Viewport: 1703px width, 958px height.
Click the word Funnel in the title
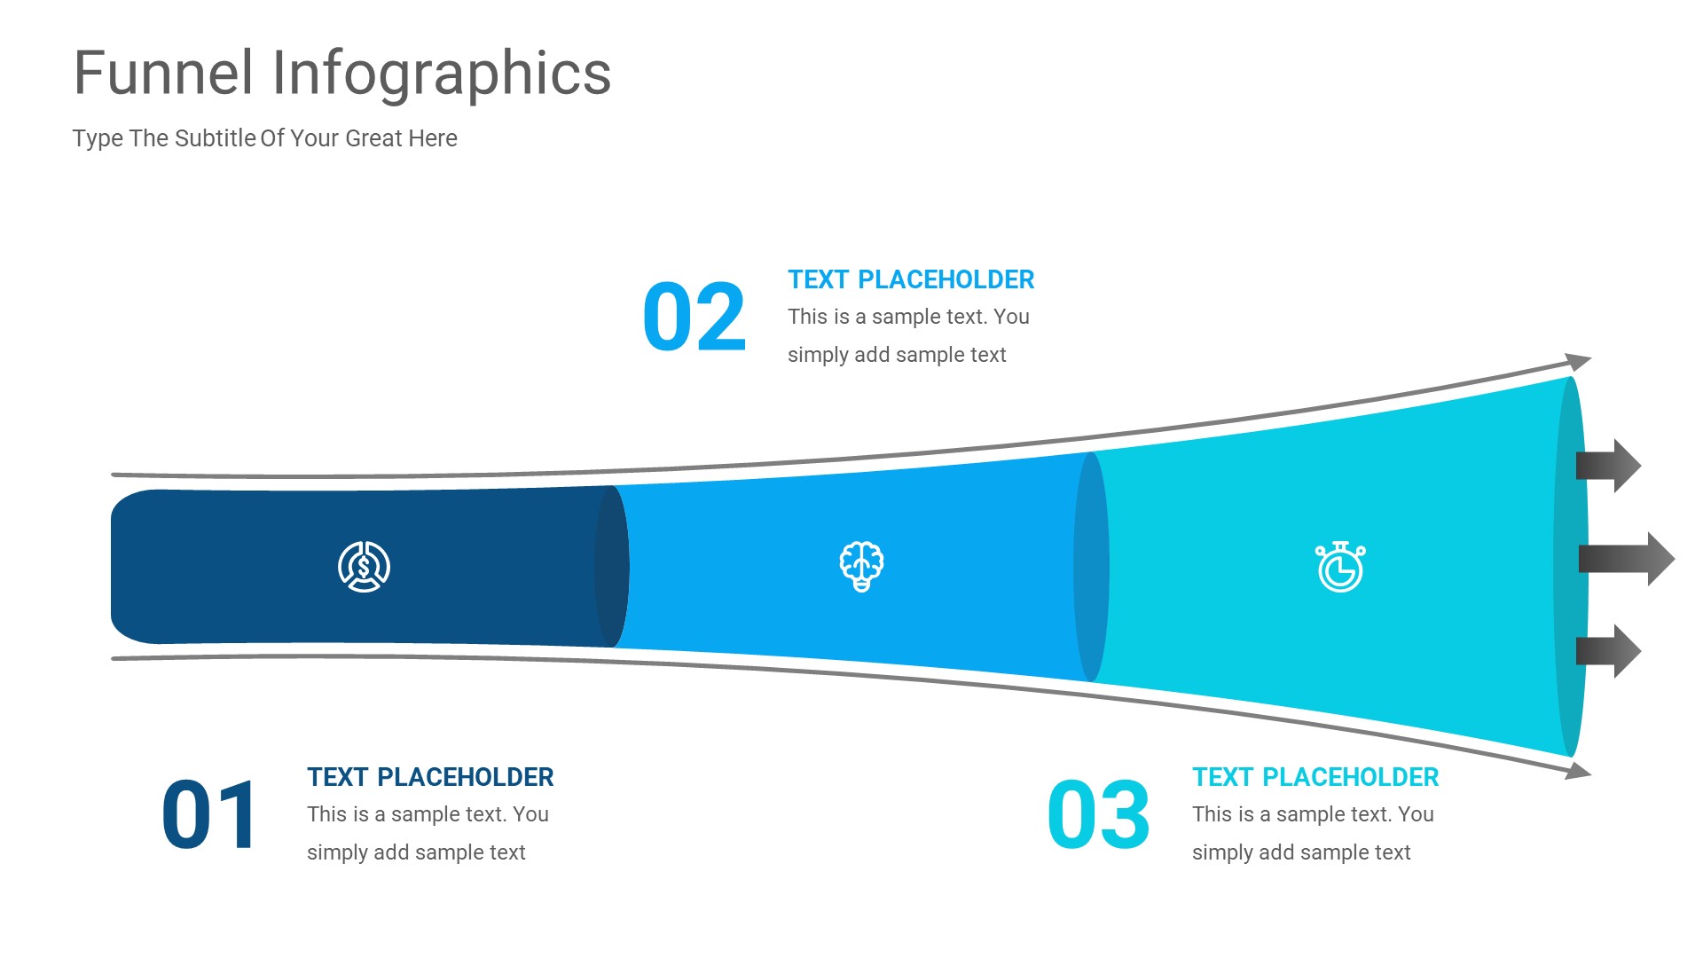(x=164, y=73)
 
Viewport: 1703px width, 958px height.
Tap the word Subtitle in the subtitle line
(x=216, y=138)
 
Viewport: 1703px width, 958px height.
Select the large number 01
(x=209, y=814)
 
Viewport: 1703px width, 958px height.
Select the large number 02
(x=695, y=317)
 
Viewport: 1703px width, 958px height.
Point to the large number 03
(x=1098, y=814)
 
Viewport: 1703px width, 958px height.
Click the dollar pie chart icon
(x=364, y=567)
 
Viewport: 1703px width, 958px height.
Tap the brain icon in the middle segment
(x=861, y=567)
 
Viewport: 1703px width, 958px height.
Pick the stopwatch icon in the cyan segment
(x=1340, y=567)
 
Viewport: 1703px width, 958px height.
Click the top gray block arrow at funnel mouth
(x=1608, y=466)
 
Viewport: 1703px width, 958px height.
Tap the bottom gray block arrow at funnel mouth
(x=1608, y=651)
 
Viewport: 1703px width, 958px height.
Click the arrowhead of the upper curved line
(x=1579, y=361)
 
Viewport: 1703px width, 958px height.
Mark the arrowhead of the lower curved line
(x=1579, y=771)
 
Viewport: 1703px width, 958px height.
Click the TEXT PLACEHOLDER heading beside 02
(x=911, y=279)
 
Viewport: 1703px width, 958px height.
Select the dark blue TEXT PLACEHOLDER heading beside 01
(x=430, y=777)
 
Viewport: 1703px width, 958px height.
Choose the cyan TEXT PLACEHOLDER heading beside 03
(x=1315, y=777)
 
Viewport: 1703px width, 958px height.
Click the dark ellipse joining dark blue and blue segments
(x=612, y=567)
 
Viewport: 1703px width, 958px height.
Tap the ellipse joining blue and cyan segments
(x=1091, y=567)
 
